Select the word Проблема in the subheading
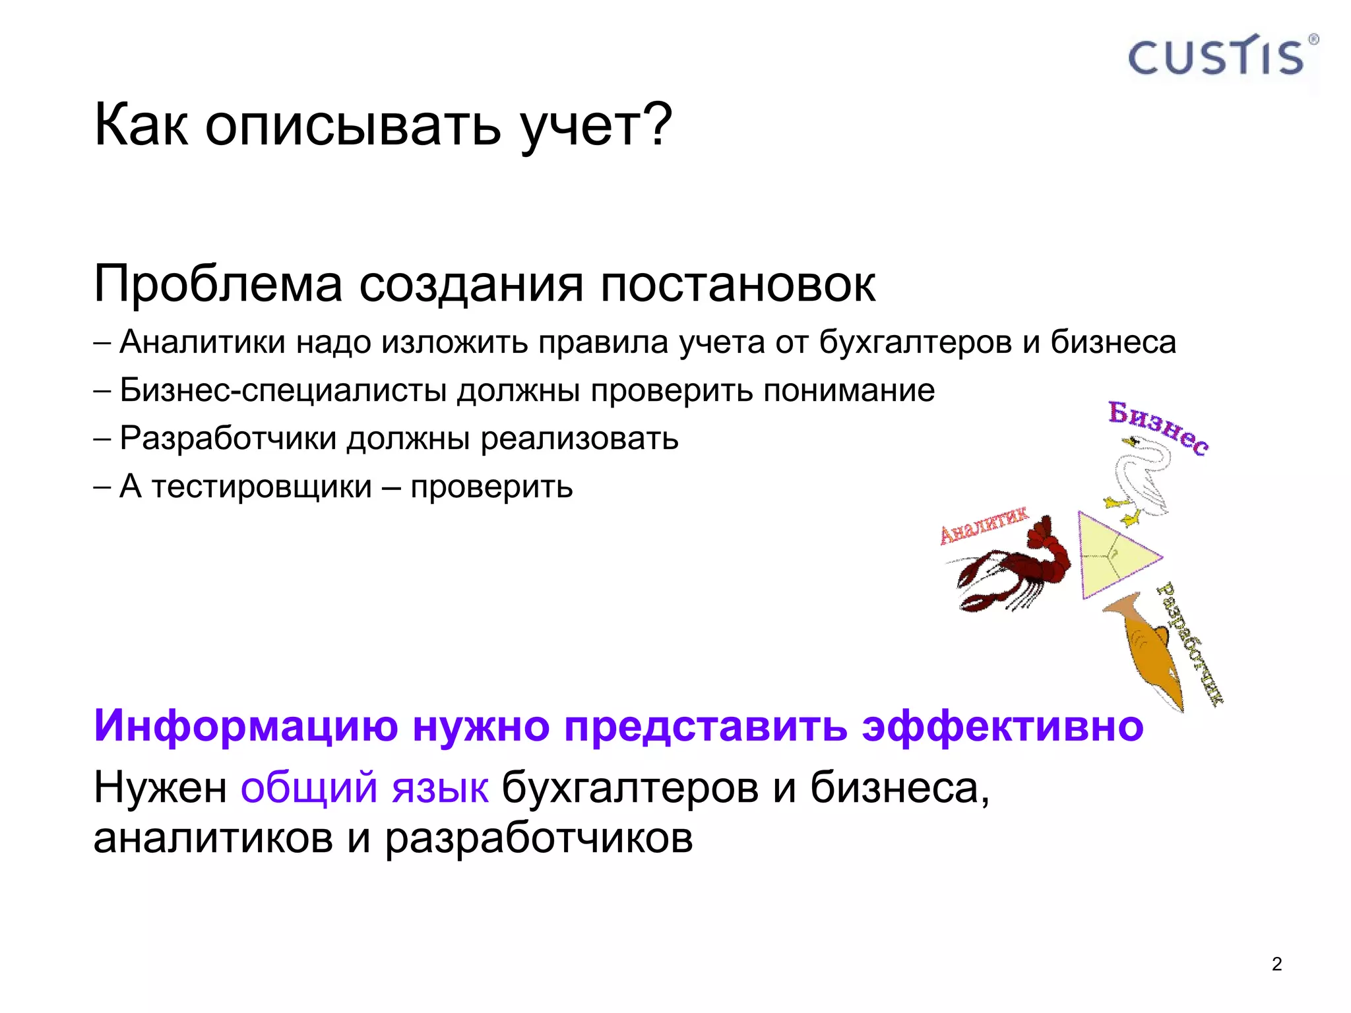(218, 284)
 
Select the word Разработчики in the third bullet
(228, 439)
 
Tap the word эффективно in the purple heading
(1003, 725)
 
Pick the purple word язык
(440, 787)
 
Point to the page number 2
(1276, 964)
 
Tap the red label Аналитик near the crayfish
(983, 526)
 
